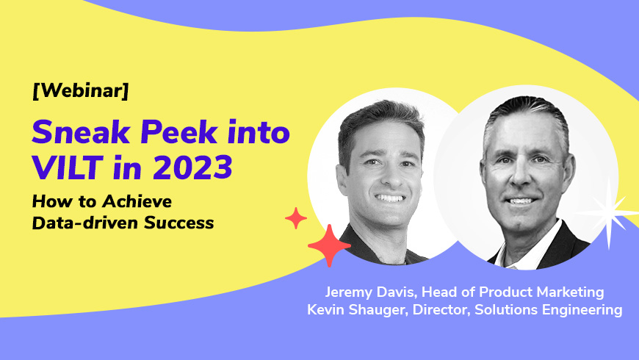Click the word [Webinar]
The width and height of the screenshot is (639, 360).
pos(80,90)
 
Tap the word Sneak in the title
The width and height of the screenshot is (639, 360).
pos(81,132)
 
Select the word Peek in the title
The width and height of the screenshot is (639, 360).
pos(178,132)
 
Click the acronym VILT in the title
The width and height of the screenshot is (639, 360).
pos(67,168)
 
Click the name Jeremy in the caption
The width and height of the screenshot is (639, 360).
pos(349,292)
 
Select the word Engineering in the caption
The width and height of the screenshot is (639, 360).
pos(582,310)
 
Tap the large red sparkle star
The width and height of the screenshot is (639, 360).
pos(329,245)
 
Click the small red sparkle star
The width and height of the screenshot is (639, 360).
pos(296,218)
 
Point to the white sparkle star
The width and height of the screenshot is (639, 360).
pos(608,212)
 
